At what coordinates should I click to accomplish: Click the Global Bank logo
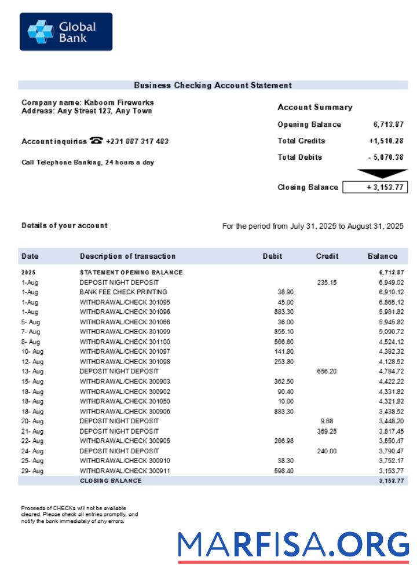click(x=66, y=32)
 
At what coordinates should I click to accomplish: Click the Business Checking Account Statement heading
click(x=213, y=85)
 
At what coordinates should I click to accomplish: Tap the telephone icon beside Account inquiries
click(x=96, y=141)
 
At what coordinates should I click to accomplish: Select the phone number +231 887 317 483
click(x=137, y=141)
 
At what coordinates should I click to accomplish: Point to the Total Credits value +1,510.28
click(x=386, y=141)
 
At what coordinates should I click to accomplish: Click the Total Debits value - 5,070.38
click(x=386, y=157)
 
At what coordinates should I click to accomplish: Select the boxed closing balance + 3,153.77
click(x=375, y=187)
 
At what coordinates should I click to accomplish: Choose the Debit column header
click(x=272, y=256)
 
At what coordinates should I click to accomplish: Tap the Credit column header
click(x=327, y=256)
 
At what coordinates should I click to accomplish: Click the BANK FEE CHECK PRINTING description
click(x=123, y=292)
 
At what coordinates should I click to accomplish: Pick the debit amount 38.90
click(x=285, y=292)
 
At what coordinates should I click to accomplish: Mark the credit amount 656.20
click(x=327, y=371)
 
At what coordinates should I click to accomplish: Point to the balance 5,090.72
click(x=391, y=332)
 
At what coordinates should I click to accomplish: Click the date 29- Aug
click(x=32, y=471)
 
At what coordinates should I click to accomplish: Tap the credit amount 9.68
click(x=327, y=421)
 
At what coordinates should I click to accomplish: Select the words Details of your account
click(x=64, y=226)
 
